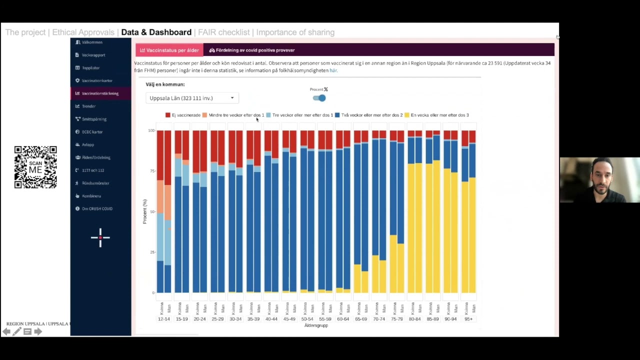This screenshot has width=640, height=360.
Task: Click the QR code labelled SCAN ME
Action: pyautogui.click(x=35, y=167)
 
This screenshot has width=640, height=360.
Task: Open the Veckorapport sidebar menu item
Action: pyautogui.click(x=93, y=55)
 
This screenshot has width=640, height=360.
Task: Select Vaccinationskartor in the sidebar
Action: pyautogui.click(x=96, y=80)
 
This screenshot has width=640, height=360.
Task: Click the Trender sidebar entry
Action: pyautogui.click(x=88, y=106)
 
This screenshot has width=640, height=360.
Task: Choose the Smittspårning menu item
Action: pyautogui.click(x=94, y=119)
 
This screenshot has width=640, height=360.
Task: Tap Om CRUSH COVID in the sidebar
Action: pyautogui.click(x=97, y=208)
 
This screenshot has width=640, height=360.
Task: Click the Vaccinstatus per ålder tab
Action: pyautogui.click(x=169, y=50)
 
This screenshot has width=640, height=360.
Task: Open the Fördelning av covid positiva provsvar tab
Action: pyautogui.click(x=252, y=50)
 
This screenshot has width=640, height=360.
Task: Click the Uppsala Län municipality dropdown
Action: pyautogui.click(x=191, y=98)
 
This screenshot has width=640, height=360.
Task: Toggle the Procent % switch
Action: pyautogui.click(x=319, y=98)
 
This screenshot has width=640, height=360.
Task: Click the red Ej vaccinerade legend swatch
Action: pyautogui.click(x=168, y=115)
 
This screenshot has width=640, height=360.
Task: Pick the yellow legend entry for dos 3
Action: pyautogui.click(x=407, y=115)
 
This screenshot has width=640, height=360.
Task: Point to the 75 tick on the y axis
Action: pyautogui.click(x=151, y=171)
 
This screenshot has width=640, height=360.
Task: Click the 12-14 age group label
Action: pyautogui.click(x=163, y=319)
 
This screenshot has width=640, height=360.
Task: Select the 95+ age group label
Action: pyautogui.click(x=468, y=319)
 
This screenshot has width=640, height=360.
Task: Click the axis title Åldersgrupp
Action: pyautogui.click(x=316, y=325)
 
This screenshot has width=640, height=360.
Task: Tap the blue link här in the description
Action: pyautogui.click(x=333, y=70)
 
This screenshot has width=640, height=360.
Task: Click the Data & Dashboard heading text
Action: pyautogui.click(x=156, y=32)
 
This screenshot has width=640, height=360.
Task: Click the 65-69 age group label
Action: pyautogui.click(x=360, y=319)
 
